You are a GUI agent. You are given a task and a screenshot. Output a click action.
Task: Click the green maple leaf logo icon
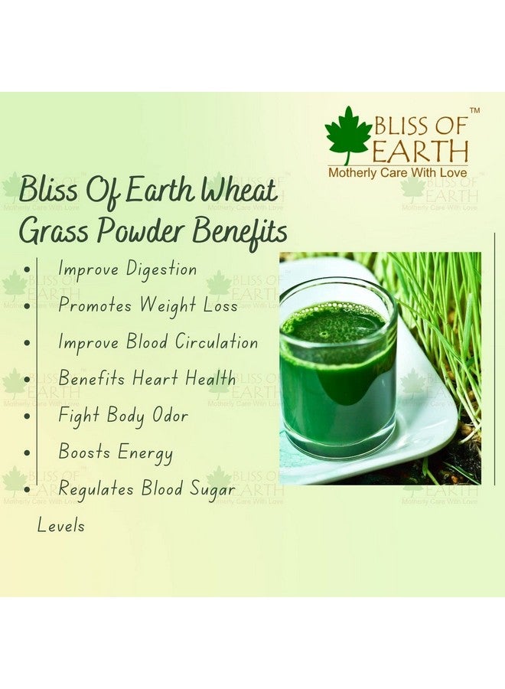pos(348,135)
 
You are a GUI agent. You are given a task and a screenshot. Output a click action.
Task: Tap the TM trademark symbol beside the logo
pos(474,112)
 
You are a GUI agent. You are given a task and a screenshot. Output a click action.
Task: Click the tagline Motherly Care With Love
pos(398,174)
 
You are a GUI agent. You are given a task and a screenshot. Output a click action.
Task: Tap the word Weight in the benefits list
pos(168,305)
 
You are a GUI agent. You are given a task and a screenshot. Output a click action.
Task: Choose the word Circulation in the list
pos(216,342)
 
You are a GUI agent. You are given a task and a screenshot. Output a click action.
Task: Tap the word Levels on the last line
pos(61,526)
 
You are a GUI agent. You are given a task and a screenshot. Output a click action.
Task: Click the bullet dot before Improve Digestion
pos(28,270)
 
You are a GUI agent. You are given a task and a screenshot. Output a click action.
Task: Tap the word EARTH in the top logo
pos(420,149)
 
